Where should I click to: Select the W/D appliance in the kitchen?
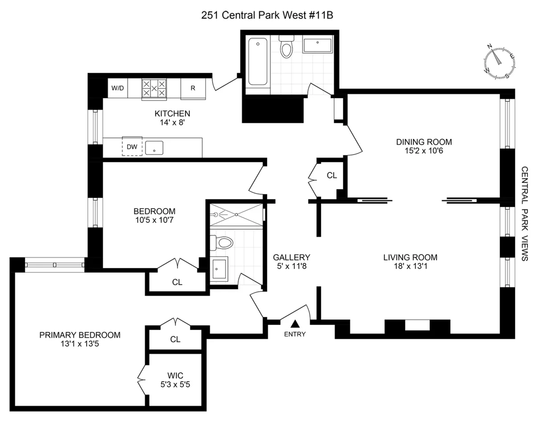(x=118, y=88)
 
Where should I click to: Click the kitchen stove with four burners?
(x=154, y=88)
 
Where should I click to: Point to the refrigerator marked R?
(x=193, y=88)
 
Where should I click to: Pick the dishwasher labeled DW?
(x=132, y=146)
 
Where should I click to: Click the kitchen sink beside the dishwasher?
(x=154, y=148)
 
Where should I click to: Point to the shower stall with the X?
(x=236, y=215)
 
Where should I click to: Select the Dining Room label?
(x=424, y=142)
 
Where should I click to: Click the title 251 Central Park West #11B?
(x=267, y=15)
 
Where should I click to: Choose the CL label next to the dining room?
(x=332, y=175)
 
